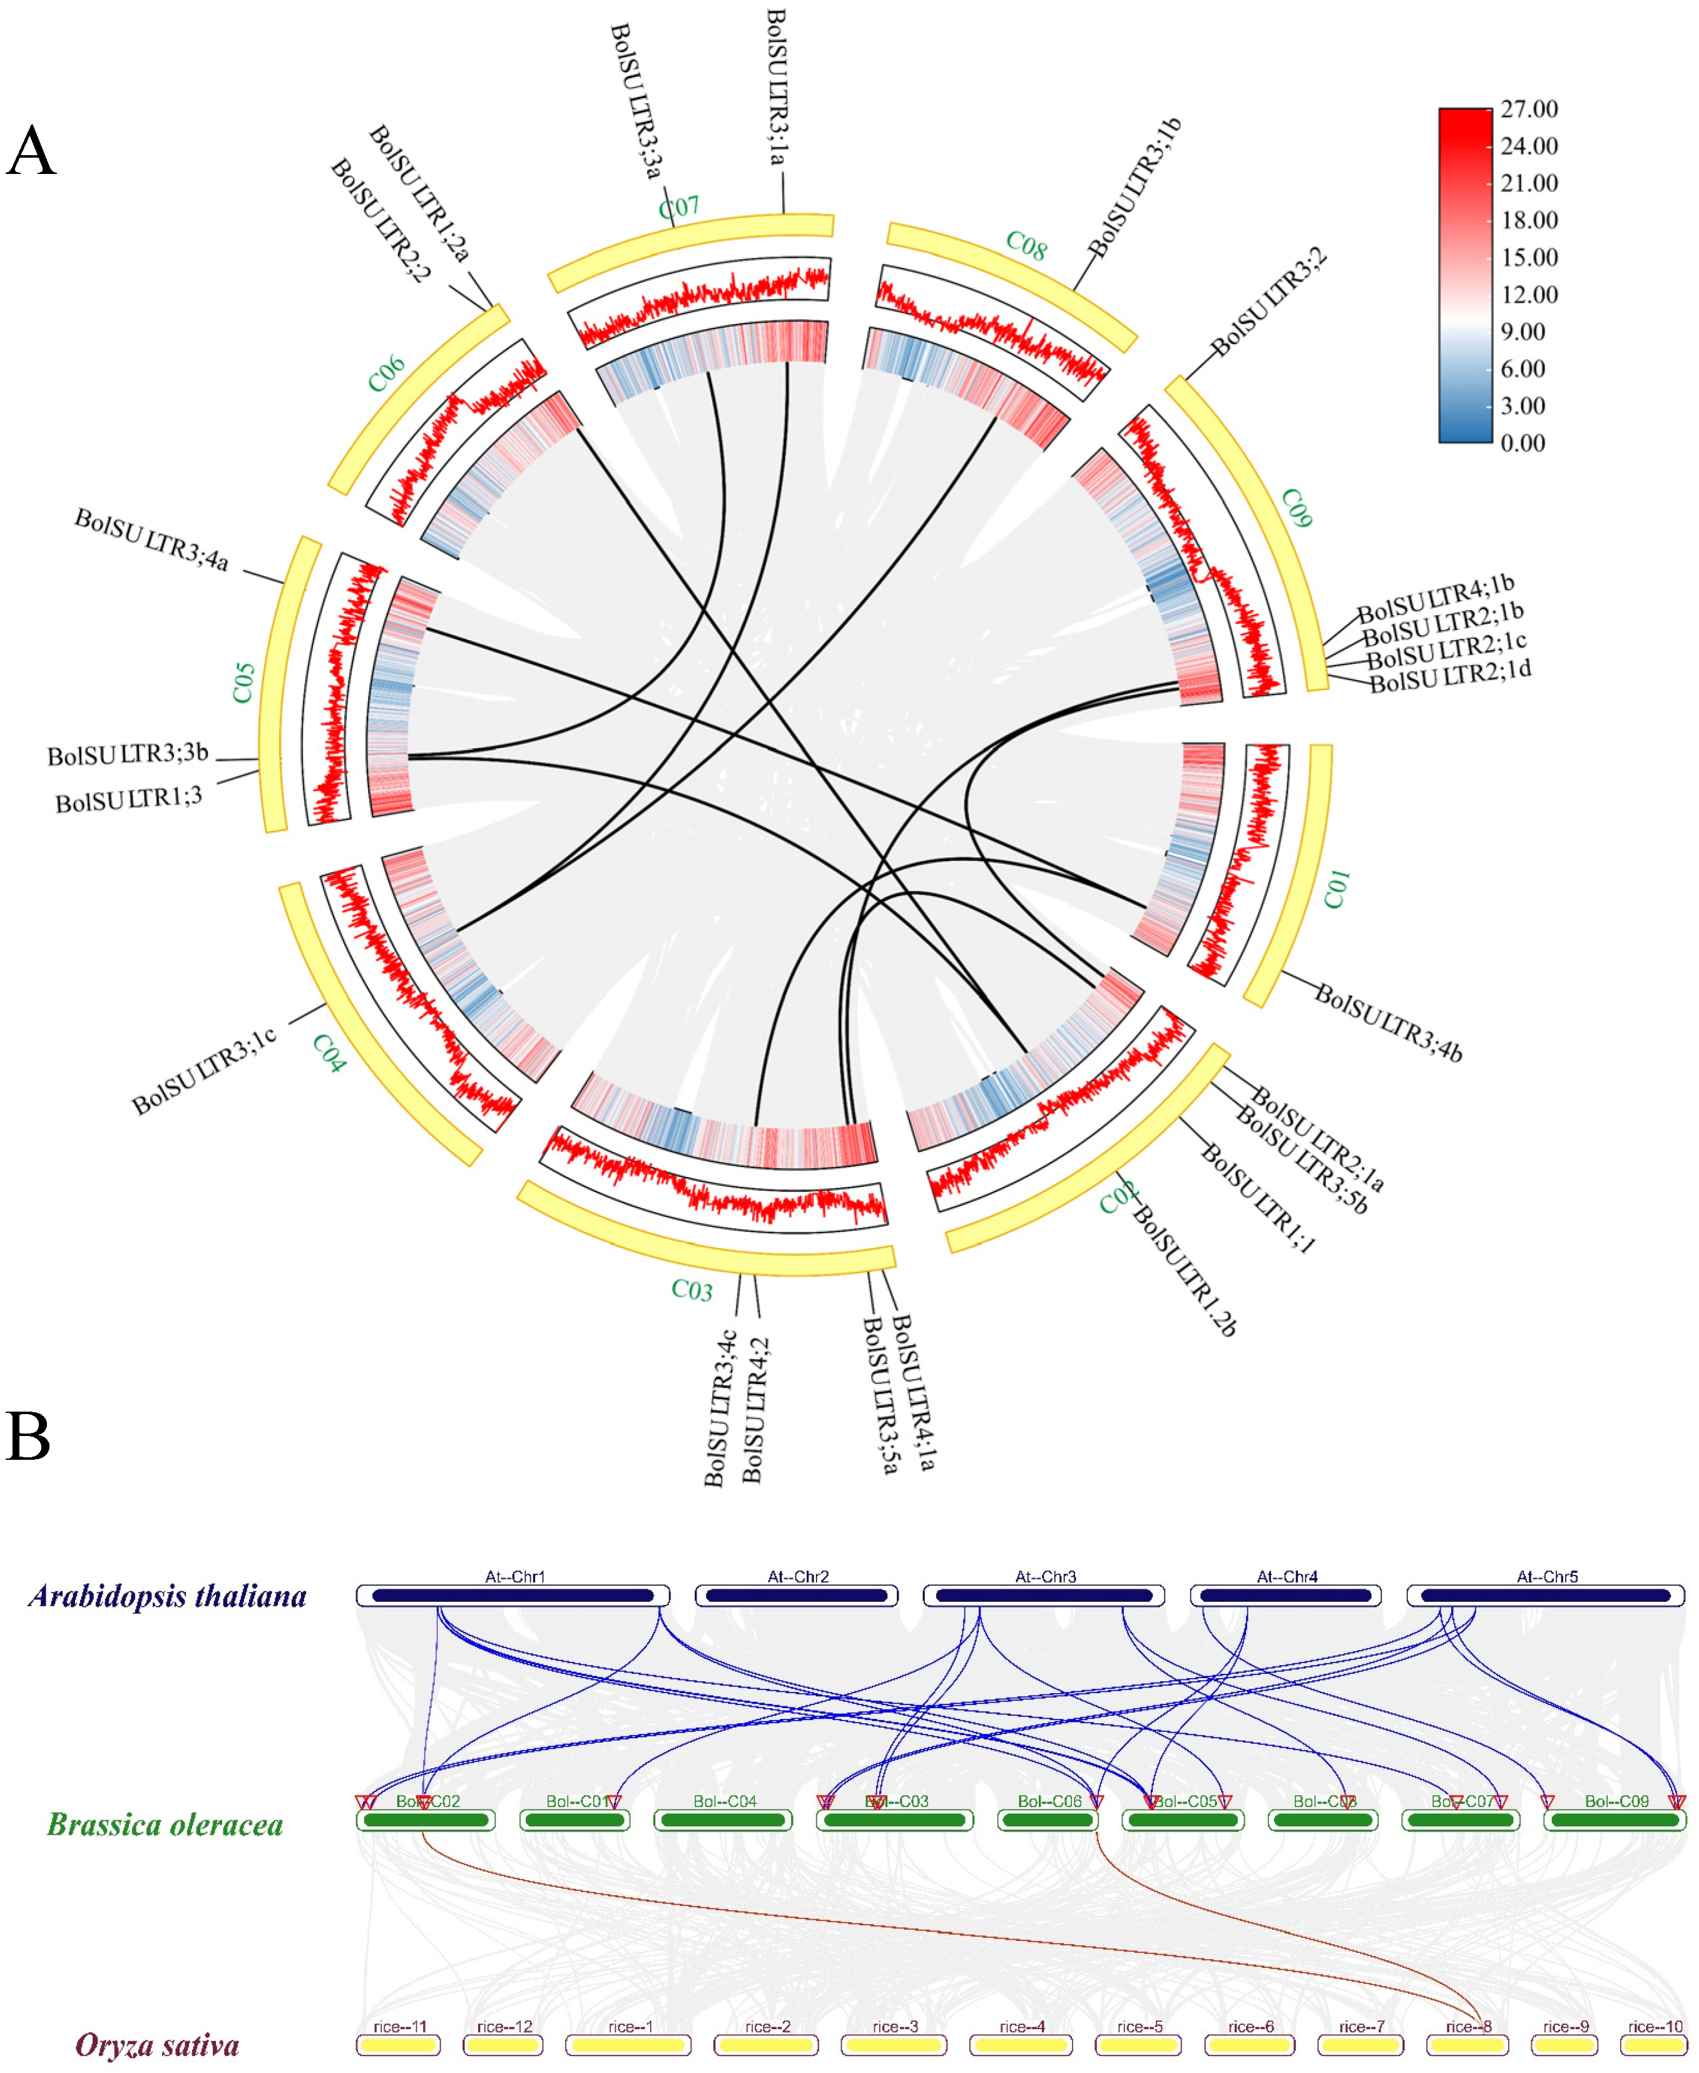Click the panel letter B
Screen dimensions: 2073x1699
pos(28,1437)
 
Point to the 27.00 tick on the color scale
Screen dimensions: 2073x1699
pos(1529,109)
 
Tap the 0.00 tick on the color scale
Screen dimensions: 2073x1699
pos(1522,444)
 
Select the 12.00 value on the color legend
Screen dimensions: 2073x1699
pos(1529,295)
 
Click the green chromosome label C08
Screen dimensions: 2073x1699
pos(1026,247)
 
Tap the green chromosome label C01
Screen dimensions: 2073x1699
pos(1337,888)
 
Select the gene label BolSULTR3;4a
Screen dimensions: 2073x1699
pos(151,539)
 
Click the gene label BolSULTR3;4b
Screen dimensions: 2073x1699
pos(1388,1024)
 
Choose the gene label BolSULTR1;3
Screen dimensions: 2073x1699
pos(128,801)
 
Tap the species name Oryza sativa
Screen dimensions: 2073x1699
pos(158,2045)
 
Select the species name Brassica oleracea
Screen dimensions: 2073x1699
pos(165,1825)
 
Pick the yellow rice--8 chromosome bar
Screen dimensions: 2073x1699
pos(1467,2045)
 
